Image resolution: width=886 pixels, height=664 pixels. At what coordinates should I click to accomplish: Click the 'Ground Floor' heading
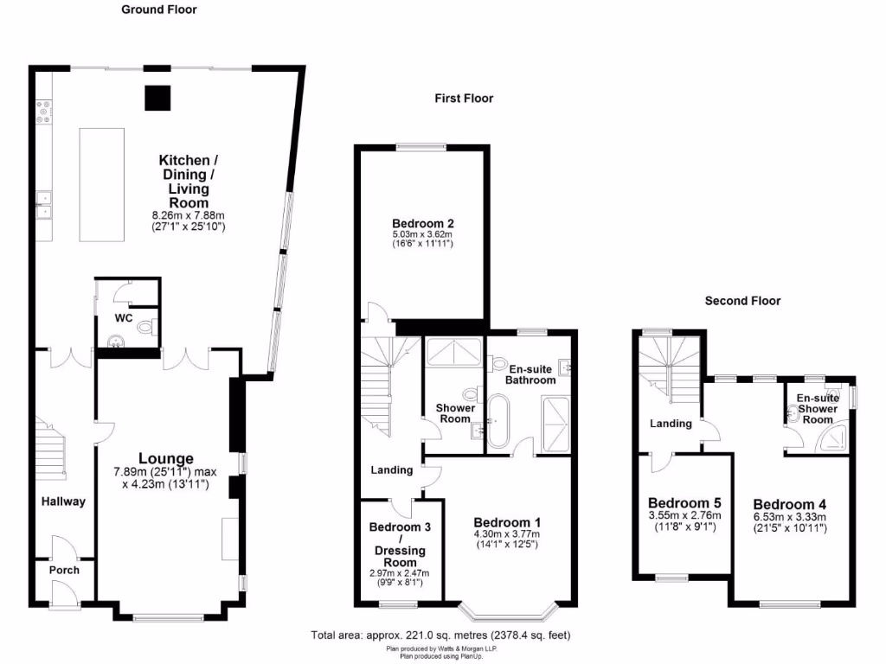tap(158, 10)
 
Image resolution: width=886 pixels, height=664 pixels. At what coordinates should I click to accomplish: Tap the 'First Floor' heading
tap(464, 99)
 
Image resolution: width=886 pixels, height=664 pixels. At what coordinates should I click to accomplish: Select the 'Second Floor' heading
tap(742, 301)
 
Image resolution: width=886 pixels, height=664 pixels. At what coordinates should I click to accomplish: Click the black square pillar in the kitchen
tap(157, 98)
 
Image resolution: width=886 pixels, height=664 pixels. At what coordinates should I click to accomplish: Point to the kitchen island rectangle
tap(100, 185)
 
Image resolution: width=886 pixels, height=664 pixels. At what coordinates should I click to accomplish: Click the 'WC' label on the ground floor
tap(124, 318)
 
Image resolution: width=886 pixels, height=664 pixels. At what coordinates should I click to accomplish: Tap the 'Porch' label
tap(64, 570)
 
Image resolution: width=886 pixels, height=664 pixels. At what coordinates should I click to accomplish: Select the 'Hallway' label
tap(63, 501)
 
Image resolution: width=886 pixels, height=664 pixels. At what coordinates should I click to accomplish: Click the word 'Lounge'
tap(166, 458)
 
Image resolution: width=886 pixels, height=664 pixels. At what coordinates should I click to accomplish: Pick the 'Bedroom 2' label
tap(423, 221)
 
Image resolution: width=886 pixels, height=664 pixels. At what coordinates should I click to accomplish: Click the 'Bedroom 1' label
tap(507, 522)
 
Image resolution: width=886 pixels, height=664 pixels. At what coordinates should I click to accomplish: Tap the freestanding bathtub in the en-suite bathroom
tap(498, 422)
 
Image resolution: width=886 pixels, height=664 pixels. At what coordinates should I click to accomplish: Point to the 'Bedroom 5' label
tap(684, 503)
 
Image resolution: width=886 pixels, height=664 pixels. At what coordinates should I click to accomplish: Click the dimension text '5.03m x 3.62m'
tap(423, 234)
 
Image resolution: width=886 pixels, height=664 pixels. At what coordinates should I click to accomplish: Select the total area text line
tap(440, 635)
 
